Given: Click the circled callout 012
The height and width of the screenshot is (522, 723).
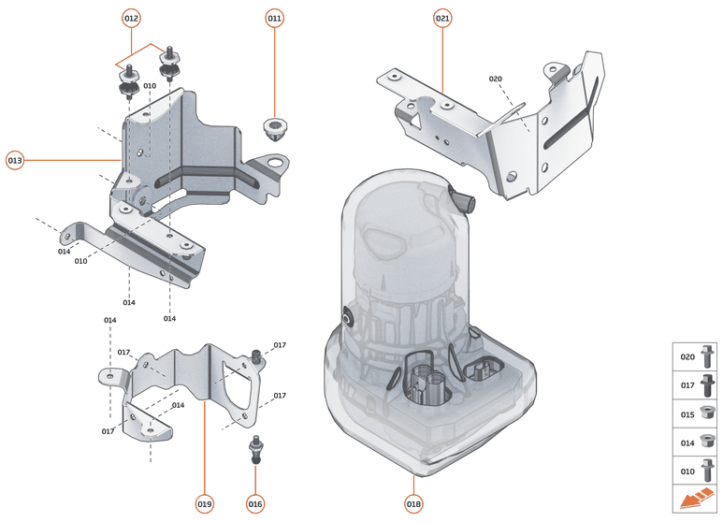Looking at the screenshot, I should click(x=131, y=19).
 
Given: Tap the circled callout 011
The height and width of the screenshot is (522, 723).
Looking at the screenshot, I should click(x=274, y=19).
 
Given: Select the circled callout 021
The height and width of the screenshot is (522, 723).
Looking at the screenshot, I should click(x=442, y=19).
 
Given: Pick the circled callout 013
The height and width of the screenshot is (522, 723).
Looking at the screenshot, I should click(x=15, y=160).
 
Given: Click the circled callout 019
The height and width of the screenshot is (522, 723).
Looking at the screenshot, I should click(x=205, y=503).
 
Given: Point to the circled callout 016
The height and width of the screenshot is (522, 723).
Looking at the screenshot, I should click(x=255, y=503).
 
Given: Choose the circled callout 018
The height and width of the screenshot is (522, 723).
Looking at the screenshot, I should click(x=413, y=503).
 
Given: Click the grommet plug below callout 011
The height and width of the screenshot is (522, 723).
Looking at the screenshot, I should click(x=273, y=129).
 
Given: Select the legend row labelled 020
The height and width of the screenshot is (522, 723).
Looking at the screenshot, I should click(x=696, y=356).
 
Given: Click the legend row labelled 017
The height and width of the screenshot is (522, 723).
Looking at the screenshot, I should click(x=696, y=384).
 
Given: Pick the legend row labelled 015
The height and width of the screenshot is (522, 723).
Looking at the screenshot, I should click(x=696, y=413).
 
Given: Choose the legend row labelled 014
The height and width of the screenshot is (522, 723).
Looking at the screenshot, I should click(x=696, y=442).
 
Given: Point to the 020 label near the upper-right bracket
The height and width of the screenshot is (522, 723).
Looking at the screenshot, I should click(x=496, y=79).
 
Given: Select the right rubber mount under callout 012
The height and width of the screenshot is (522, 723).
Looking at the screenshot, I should click(x=169, y=65).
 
